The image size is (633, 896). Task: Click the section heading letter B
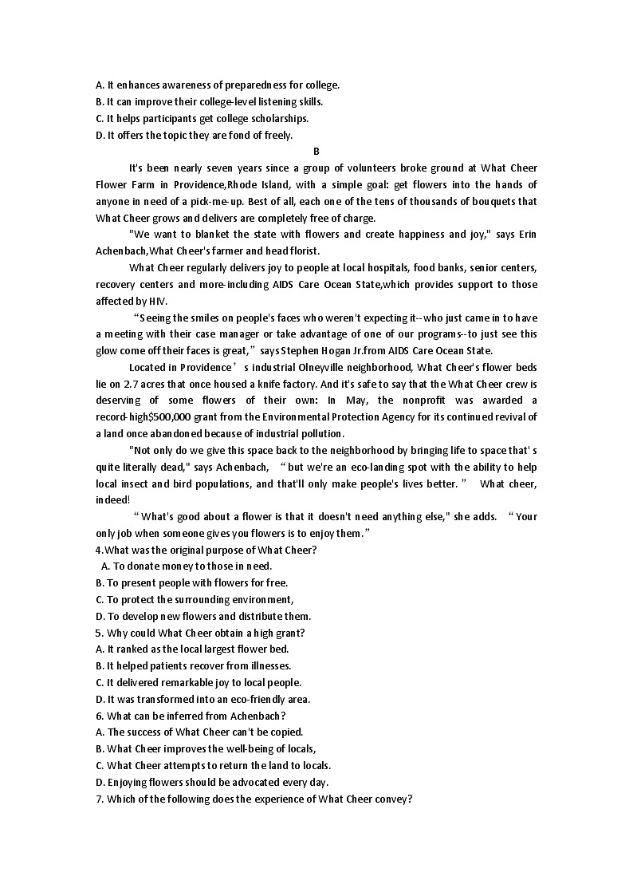coord(316,151)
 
